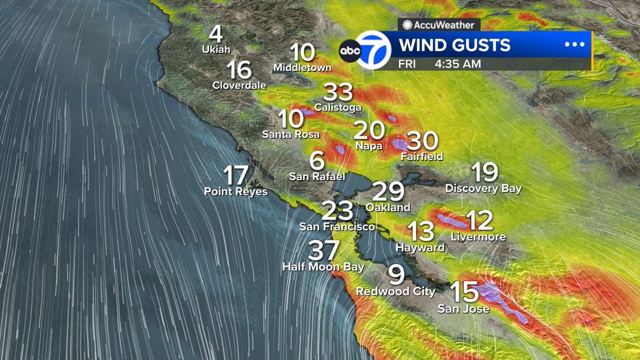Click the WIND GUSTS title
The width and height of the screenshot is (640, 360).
tap(455, 45)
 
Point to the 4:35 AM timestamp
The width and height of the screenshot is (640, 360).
tap(458, 64)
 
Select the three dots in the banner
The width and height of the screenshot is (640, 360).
tap(574, 45)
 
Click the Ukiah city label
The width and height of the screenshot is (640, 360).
tap(215, 49)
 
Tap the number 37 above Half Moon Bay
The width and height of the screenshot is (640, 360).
tap(324, 251)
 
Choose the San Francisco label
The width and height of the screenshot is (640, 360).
tap(337, 227)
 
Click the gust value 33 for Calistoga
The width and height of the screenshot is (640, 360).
tap(339, 93)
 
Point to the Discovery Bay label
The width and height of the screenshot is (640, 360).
tap(483, 188)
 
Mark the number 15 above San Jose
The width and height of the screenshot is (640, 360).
tap(463, 292)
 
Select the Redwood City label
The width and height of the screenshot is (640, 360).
tap(396, 292)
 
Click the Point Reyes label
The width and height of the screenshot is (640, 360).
tap(236, 191)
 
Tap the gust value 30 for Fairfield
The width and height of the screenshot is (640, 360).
tap(422, 141)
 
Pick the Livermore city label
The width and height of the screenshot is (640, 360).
tap(478, 237)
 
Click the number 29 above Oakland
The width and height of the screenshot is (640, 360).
tap(388, 191)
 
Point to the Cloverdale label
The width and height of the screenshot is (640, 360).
tap(239, 85)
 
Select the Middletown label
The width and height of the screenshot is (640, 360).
tap(302, 68)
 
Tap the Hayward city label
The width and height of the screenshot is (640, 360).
tap(420, 247)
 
